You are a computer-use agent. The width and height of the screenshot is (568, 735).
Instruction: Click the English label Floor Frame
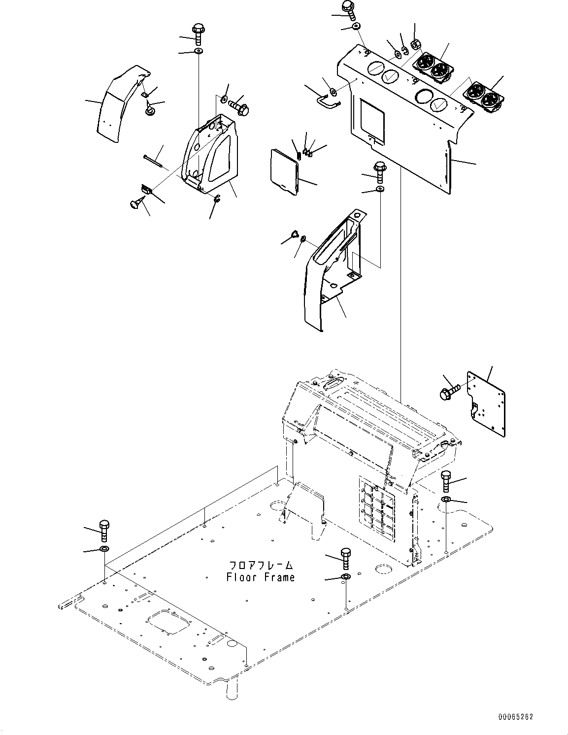click(x=261, y=577)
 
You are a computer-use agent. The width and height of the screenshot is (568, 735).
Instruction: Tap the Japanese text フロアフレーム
click(x=261, y=565)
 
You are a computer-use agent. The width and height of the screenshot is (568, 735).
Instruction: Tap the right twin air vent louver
click(x=483, y=96)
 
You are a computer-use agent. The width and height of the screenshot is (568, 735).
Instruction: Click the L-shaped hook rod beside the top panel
click(x=326, y=100)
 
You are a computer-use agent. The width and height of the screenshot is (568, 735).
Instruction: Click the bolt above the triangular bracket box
click(x=198, y=33)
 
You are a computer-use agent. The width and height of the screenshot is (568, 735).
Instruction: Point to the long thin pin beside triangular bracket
click(x=156, y=161)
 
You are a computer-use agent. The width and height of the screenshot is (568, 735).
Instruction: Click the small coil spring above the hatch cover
click(x=299, y=156)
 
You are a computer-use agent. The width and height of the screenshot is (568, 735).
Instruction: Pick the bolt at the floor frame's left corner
click(x=104, y=530)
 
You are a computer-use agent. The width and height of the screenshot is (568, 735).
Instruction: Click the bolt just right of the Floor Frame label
click(x=345, y=557)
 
